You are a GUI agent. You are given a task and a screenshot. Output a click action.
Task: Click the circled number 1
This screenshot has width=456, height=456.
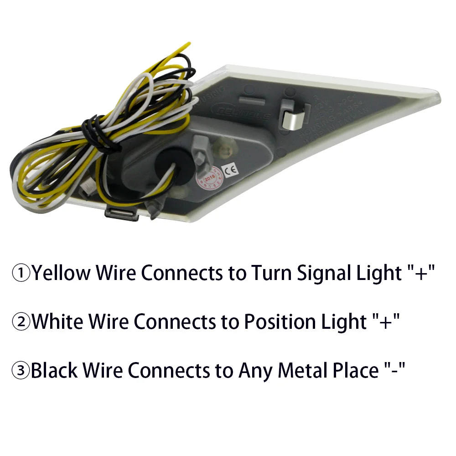(21, 274)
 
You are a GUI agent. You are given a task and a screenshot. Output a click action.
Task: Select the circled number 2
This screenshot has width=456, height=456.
(21, 322)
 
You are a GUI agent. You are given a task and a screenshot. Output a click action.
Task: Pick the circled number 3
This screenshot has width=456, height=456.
(21, 371)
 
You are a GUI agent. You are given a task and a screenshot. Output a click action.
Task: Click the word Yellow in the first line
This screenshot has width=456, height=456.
(61, 274)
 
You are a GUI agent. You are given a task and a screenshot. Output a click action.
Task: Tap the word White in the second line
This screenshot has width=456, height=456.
(57, 322)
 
